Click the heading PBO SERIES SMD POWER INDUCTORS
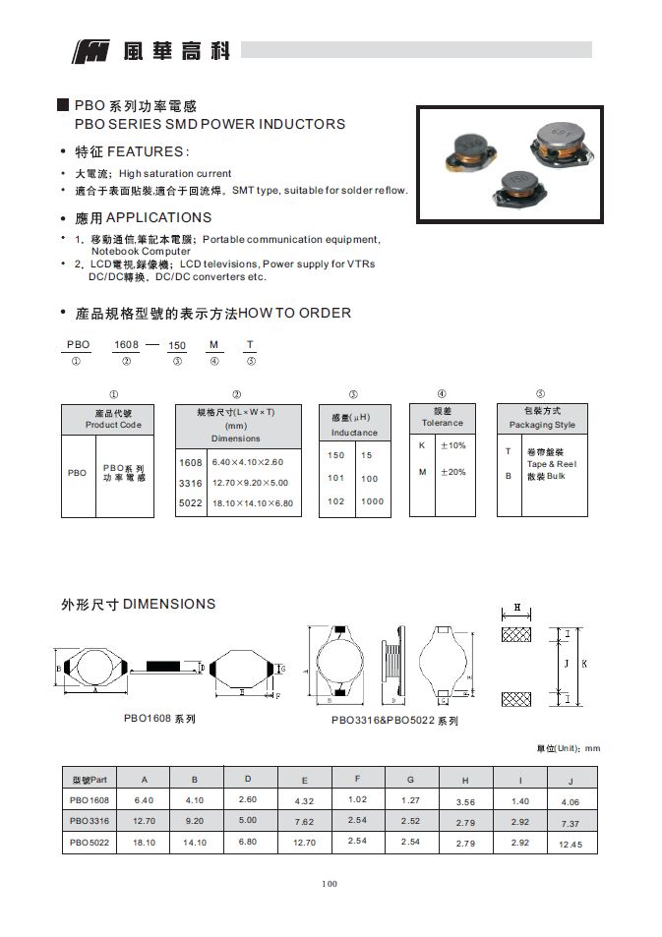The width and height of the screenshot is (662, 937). click(x=210, y=124)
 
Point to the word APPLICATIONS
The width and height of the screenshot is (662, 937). click(x=157, y=217)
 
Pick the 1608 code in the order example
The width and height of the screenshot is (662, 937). click(x=127, y=344)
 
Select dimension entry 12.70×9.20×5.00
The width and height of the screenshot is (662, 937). click(x=250, y=483)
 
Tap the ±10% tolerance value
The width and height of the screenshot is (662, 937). click(x=452, y=445)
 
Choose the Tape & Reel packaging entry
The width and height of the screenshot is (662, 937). click(x=551, y=463)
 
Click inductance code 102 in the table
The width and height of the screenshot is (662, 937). click(x=336, y=501)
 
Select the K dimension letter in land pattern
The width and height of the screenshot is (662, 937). click(x=584, y=665)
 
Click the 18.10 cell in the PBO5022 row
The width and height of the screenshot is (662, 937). click(x=145, y=843)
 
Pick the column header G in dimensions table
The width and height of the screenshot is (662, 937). click(x=410, y=779)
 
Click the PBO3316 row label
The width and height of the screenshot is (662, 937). click(x=89, y=820)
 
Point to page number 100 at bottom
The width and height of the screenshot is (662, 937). click(x=330, y=884)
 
